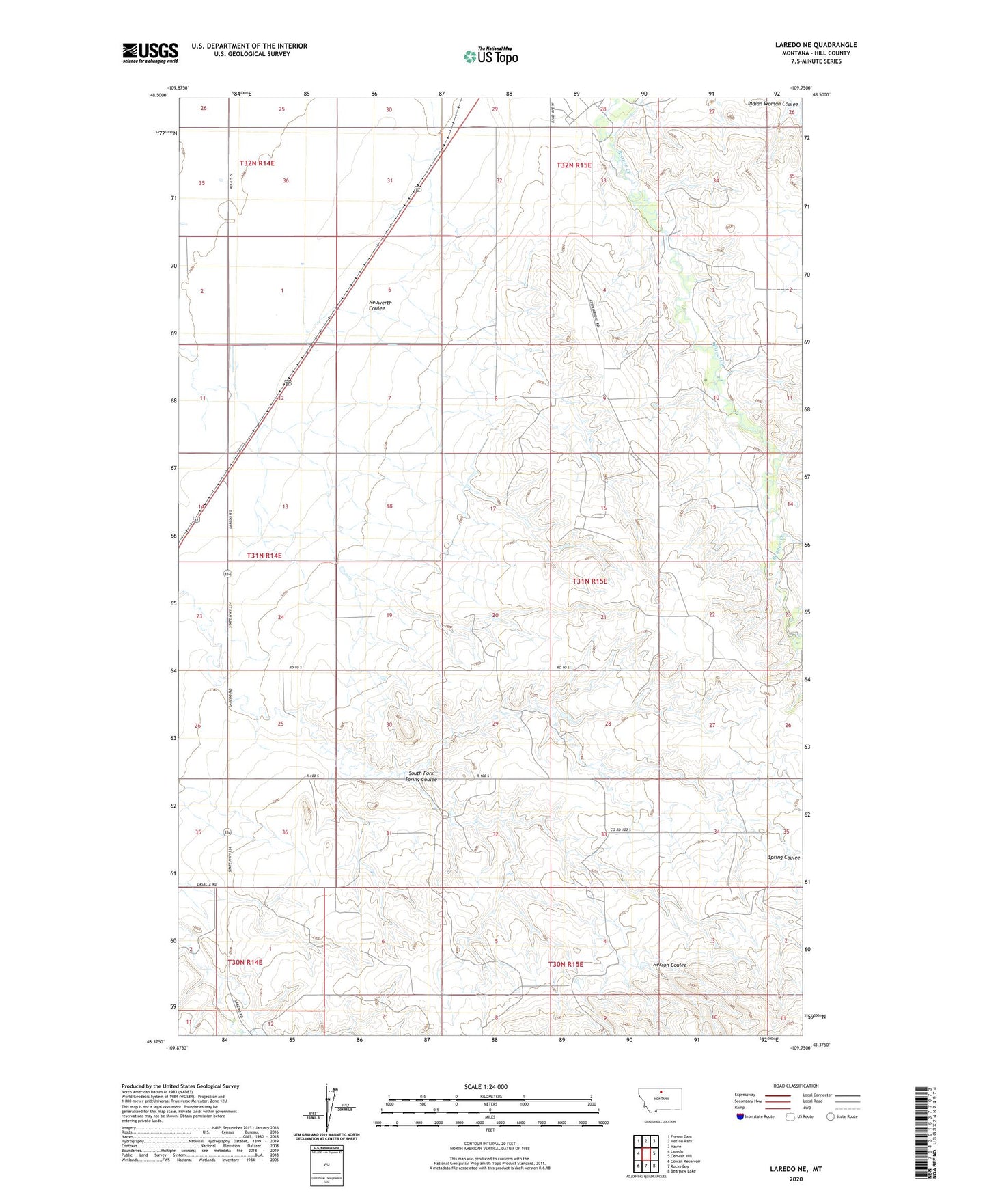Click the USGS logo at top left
tap(150, 53)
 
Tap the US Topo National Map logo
tap(490, 55)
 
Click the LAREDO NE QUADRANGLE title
tap(816, 45)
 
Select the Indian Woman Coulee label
tap(773, 104)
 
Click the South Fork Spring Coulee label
tap(421, 776)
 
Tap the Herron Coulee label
tap(669, 965)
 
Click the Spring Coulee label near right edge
tap(783, 857)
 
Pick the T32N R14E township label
tap(257, 163)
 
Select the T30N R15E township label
tap(566, 964)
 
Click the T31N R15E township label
tap(589, 581)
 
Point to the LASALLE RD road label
tap(206, 884)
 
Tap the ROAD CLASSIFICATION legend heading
tap(796, 1086)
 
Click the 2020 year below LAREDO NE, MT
tap(796, 1179)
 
